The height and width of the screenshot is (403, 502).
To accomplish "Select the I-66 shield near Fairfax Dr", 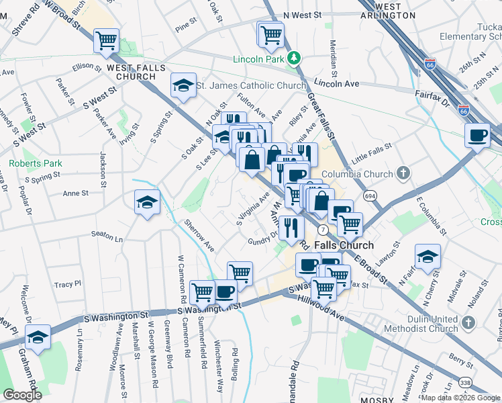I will (464, 109).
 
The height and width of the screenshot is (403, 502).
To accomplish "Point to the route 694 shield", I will (369, 195).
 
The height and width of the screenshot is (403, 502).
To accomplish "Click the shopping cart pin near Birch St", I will (106, 42).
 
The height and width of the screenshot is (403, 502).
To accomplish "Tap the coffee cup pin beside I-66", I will (477, 135).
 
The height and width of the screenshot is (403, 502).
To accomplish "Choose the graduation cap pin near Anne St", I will (147, 202).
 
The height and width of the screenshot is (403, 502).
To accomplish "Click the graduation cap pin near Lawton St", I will (427, 257).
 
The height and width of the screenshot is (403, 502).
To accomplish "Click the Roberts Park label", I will (35, 163).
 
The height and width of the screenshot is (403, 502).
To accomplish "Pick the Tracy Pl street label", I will (67, 285).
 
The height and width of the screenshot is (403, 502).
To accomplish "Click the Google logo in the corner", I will (21, 395).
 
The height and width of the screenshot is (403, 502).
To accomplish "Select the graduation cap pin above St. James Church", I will (183, 85).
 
